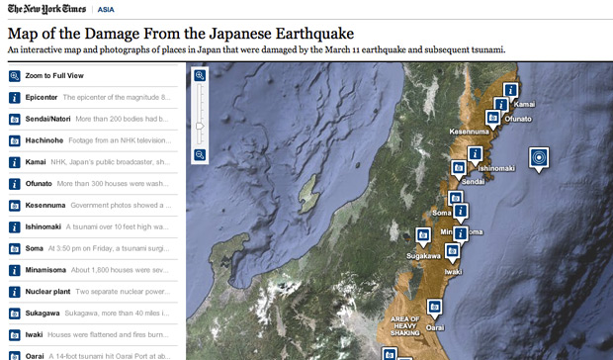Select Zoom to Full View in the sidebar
pyautogui.click(x=58, y=75)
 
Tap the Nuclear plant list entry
pyautogui.click(x=46, y=292)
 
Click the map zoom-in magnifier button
pyautogui.click(x=200, y=75)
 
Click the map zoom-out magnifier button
pyautogui.click(x=200, y=154)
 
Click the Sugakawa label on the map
pyautogui.click(x=423, y=256)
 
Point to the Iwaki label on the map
pyautogui.click(x=454, y=270)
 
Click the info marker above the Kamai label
pyautogui.click(x=512, y=89)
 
